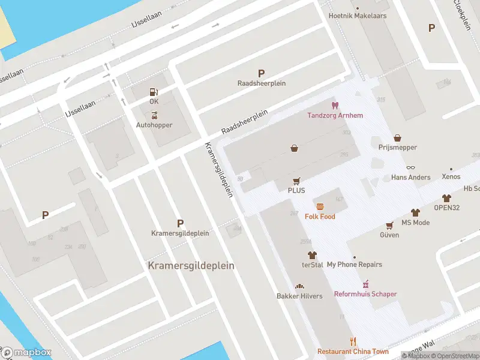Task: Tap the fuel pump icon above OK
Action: coord(154,92)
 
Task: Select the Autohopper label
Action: coord(154,125)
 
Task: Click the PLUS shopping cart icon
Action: coord(296,181)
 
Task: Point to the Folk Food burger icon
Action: coord(320,206)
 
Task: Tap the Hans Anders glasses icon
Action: coord(410,168)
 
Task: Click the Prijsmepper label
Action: coord(397,147)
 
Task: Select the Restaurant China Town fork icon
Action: coord(353,341)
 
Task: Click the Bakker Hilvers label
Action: coord(299,296)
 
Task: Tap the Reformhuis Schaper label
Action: coord(365,294)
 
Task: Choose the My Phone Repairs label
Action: coord(354,265)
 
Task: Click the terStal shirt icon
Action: coord(312,255)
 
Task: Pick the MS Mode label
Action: coord(415,223)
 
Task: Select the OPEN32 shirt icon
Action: coord(446,198)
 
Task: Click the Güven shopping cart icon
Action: coord(389,226)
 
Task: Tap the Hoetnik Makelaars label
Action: coord(358,16)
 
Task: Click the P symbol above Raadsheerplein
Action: coord(260,73)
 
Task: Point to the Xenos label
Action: coord(451,177)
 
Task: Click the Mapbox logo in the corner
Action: coord(26,353)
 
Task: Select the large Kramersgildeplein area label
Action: coord(191,265)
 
